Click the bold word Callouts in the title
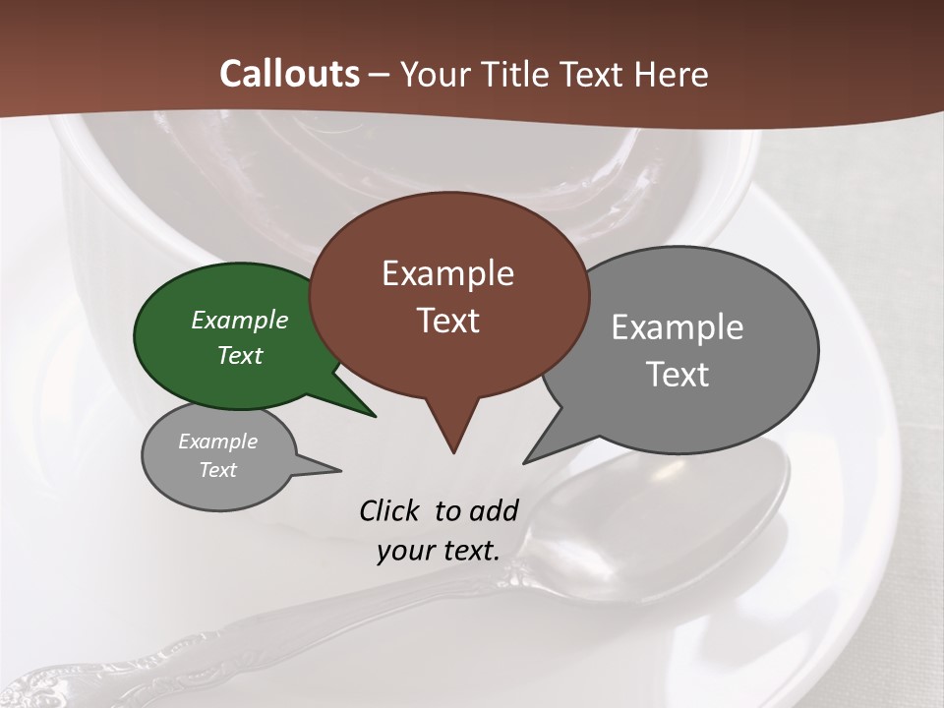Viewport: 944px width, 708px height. click(289, 74)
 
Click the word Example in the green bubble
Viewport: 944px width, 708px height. click(240, 320)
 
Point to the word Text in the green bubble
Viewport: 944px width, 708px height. click(240, 355)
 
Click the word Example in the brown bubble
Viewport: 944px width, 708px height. click(447, 273)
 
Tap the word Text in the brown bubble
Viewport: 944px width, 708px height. click(447, 321)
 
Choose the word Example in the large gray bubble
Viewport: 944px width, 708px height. click(678, 327)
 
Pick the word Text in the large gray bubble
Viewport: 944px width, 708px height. click(678, 375)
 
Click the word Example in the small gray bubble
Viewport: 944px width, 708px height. click(218, 442)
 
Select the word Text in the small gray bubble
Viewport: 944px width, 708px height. click(218, 470)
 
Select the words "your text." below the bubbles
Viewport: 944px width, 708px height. click(439, 551)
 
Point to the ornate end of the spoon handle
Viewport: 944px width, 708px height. click(39, 683)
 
